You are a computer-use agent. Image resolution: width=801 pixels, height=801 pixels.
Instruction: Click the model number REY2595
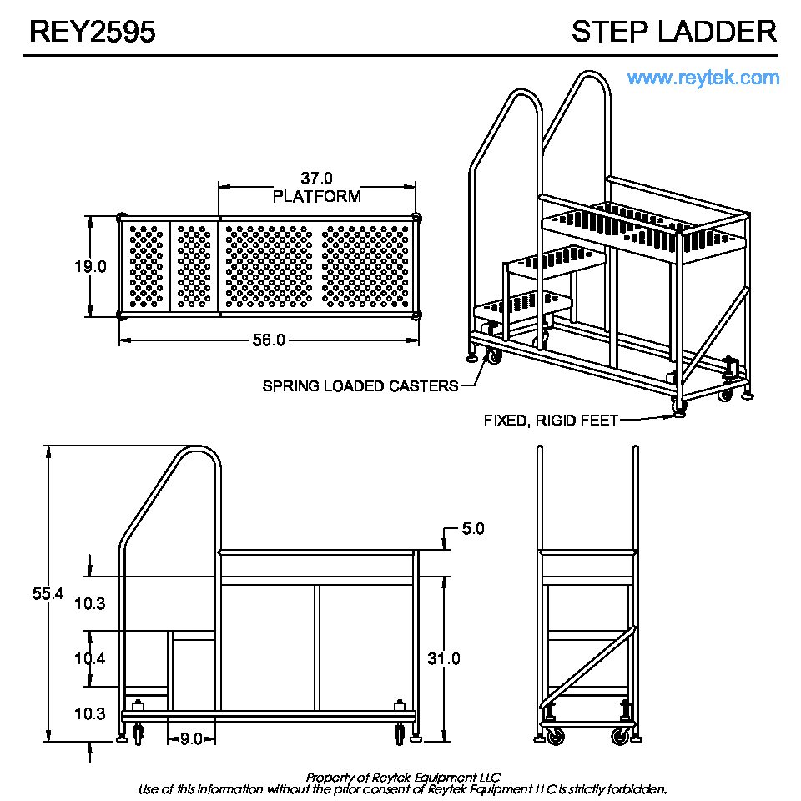92,32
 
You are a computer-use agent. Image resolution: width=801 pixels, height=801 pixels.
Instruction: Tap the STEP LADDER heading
673,32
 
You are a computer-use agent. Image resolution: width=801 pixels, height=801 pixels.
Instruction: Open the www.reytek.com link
703,78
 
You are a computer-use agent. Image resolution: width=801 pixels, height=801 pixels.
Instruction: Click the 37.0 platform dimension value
316,178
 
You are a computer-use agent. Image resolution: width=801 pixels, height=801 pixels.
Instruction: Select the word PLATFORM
317,197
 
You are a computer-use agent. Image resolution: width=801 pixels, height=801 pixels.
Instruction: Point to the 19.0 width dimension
91,267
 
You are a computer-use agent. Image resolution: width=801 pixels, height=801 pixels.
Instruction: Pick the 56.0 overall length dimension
269,340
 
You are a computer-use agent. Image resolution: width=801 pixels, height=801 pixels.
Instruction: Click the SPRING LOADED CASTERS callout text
360,386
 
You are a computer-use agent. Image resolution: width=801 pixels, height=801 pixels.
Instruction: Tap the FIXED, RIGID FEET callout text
551,421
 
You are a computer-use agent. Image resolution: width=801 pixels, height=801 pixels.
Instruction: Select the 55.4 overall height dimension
48,594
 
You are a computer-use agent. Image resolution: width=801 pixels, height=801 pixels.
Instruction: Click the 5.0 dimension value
472,529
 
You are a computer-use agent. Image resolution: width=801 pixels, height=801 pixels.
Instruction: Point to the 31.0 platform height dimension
444,659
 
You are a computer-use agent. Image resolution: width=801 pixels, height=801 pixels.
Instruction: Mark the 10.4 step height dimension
89,659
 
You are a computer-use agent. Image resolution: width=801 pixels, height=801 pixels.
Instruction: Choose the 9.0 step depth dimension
192,738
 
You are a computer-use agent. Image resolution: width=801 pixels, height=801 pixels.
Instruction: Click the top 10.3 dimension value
89,603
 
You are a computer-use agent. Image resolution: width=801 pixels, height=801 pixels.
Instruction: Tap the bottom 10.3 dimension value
89,714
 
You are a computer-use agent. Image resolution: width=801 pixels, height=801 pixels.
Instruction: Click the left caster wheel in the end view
552,736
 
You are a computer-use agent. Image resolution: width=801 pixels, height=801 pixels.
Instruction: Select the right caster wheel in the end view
620,736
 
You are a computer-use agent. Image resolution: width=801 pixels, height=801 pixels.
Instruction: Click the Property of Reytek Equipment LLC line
403,777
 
